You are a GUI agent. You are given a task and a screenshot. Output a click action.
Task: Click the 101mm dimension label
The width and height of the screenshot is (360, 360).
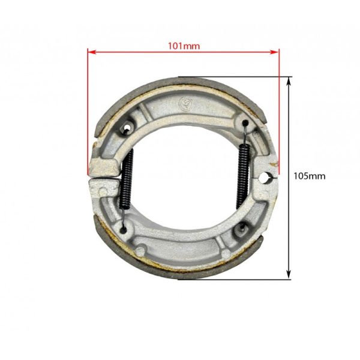coord(184,46)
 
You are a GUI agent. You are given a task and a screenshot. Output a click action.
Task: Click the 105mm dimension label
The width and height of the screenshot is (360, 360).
coord(310,176)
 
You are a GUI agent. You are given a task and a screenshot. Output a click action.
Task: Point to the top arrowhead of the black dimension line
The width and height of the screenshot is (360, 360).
coord(289,81)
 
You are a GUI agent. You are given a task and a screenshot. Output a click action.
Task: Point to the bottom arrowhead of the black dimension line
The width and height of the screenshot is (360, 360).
coord(289,275)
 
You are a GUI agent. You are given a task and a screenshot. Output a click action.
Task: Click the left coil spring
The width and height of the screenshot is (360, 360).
coord(126,179)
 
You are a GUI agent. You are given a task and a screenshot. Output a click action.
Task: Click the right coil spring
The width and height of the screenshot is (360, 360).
coord(243,177)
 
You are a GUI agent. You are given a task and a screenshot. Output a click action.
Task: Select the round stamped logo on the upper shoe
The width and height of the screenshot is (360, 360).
coord(184,102)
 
